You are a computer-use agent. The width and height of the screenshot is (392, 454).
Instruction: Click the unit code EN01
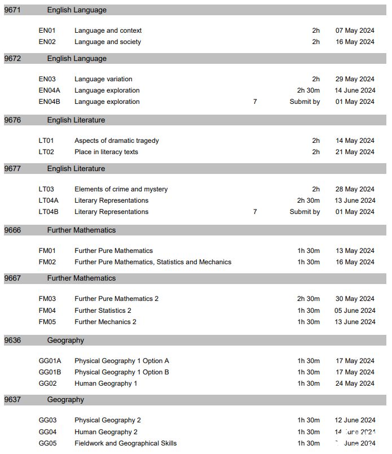(x=47, y=30)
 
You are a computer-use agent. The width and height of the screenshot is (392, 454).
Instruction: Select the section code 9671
(x=12, y=10)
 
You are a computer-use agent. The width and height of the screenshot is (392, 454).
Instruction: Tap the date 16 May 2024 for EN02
(x=355, y=42)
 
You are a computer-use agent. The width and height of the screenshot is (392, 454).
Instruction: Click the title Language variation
(x=103, y=79)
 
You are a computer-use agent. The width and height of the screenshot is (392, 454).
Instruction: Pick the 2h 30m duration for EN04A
(x=309, y=90)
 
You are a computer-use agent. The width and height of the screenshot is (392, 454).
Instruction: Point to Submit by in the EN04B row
(x=305, y=102)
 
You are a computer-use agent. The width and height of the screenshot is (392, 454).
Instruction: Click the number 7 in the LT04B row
(x=255, y=212)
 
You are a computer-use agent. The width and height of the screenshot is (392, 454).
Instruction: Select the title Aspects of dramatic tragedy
(x=117, y=141)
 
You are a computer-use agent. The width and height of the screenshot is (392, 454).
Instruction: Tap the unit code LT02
(x=47, y=152)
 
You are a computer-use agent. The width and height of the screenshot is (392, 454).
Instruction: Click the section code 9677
(x=12, y=168)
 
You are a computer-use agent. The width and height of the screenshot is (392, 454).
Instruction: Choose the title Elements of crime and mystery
(x=121, y=189)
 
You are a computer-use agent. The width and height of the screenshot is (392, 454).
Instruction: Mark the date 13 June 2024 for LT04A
(x=355, y=200)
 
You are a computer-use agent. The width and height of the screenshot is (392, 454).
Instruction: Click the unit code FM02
(x=47, y=262)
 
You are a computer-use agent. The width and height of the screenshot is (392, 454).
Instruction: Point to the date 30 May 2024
(x=355, y=299)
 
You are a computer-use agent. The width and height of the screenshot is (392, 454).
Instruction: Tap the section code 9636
(x=12, y=340)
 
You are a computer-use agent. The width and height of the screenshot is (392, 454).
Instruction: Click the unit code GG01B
(x=50, y=372)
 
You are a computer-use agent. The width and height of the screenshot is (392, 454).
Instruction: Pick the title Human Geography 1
(x=106, y=383)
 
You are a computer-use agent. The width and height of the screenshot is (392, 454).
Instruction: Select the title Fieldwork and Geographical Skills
(x=125, y=443)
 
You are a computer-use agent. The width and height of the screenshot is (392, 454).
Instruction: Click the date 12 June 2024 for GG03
(x=355, y=420)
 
